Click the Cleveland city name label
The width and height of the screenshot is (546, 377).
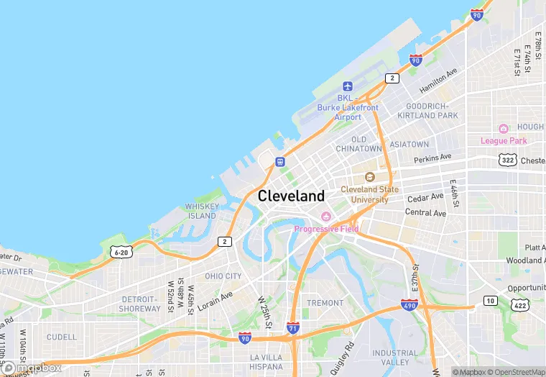[x=291, y=196]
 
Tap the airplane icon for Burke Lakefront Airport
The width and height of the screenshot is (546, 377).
[x=348, y=86]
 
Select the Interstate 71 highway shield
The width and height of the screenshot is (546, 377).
[x=292, y=327]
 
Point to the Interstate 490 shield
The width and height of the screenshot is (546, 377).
[x=409, y=306]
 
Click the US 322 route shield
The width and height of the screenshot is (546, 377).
[x=508, y=160]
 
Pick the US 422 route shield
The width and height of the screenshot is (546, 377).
[x=519, y=306]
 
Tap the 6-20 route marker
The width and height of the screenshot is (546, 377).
[x=121, y=251]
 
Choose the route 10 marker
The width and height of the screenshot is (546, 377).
[x=490, y=300]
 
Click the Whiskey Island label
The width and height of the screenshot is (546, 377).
[x=202, y=211]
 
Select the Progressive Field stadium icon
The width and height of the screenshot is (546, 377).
[x=325, y=217]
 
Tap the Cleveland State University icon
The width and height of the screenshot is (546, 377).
[x=369, y=177]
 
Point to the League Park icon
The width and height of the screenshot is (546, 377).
[x=504, y=130]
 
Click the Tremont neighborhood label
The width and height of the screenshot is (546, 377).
[x=325, y=303]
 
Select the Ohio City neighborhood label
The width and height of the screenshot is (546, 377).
[x=223, y=276]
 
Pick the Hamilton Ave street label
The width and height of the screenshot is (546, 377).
[x=438, y=81]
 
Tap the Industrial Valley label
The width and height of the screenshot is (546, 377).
[x=394, y=358]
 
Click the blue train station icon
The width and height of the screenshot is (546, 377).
[x=279, y=162]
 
